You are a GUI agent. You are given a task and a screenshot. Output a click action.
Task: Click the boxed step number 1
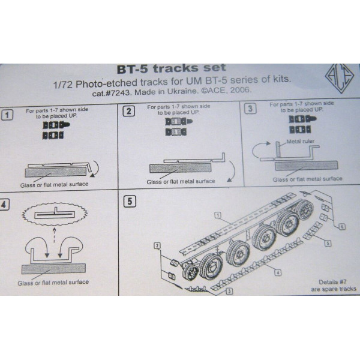tap(7, 113)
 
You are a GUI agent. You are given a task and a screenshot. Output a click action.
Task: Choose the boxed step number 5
tap(128, 201)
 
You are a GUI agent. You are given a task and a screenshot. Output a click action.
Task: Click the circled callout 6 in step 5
tap(341, 227)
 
